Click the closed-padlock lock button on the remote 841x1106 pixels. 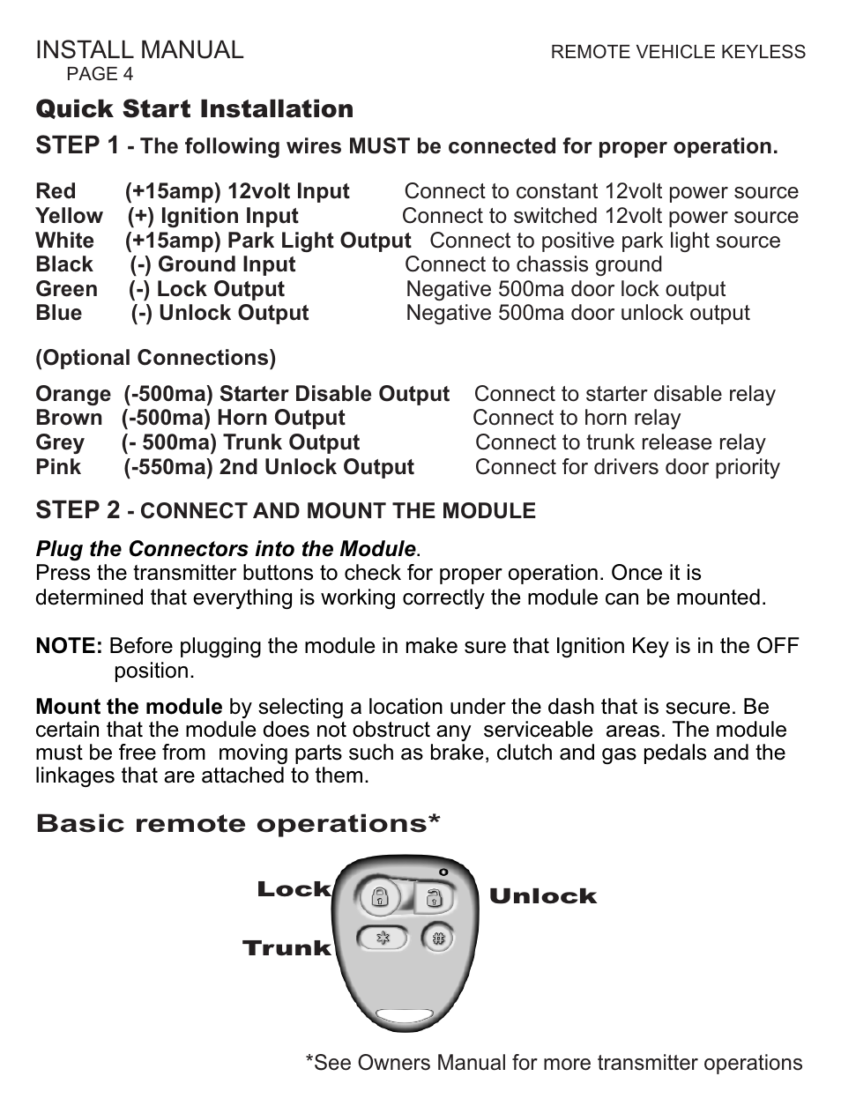[380, 898]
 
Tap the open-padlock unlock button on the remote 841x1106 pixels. [434, 898]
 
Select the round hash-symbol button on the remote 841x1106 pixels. [437, 938]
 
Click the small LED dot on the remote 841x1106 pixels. [444, 872]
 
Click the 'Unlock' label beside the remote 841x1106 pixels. [542, 896]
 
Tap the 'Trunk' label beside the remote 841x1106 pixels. [287, 948]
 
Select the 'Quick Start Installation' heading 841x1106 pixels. [194, 109]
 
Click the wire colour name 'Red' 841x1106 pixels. [56, 191]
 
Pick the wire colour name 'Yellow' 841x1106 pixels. [69, 216]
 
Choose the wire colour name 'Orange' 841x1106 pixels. [73, 394]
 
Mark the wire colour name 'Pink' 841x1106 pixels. [58, 467]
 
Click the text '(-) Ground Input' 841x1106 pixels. [213, 264]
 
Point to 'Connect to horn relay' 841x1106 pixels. [577, 418]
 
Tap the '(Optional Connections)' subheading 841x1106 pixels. [155, 358]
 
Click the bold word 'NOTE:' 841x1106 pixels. [69, 646]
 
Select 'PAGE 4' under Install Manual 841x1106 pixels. [100, 74]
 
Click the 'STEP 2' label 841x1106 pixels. [77, 510]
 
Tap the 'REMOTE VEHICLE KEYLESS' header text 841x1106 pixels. [677, 52]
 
